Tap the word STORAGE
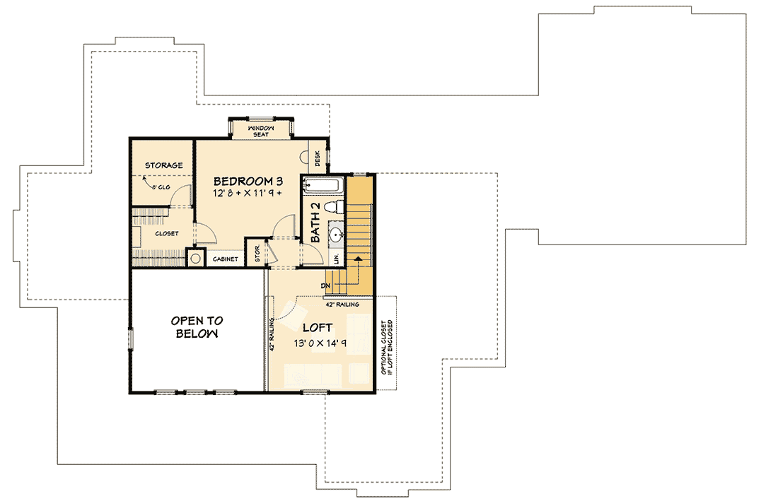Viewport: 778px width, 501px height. (x=164, y=165)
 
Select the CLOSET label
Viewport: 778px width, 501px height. (x=166, y=234)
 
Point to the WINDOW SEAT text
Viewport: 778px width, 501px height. (x=260, y=131)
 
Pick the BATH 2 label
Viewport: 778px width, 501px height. (x=316, y=223)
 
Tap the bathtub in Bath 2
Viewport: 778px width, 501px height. (x=323, y=186)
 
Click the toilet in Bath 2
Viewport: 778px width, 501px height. (x=337, y=206)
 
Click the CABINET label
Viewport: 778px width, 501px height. (x=225, y=259)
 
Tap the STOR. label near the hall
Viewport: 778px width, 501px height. (x=257, y=254)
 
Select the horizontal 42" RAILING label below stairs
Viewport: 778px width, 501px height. (x=342, y=305)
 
